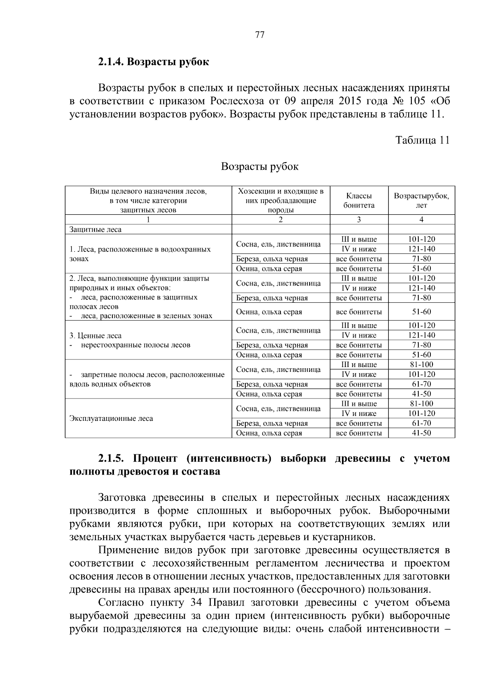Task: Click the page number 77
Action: pos(260,35)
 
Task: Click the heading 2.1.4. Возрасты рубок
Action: pos(153,62)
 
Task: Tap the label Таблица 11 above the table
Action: pos(422,140)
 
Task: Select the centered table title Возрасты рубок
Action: pos(260,167)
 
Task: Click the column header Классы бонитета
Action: pos(359,201)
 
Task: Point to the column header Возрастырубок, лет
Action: pos(421,201)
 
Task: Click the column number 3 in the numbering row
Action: pos(359,220)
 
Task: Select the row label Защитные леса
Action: pos(95,230)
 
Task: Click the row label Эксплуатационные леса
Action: pos(111,418)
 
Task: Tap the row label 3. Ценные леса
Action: pos(95,336)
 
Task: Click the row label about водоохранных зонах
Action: pos(140,254)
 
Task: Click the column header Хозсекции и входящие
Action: pos(280,191)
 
